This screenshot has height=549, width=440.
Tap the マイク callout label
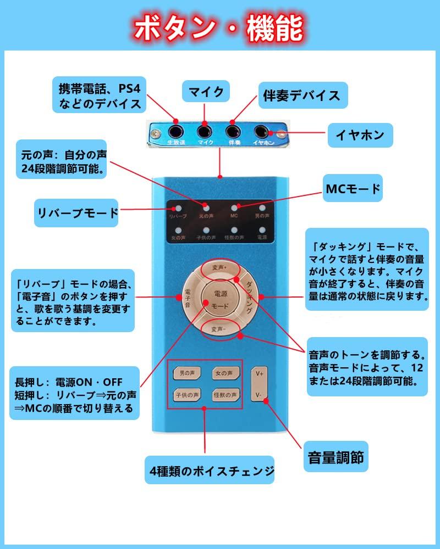click(206, 92)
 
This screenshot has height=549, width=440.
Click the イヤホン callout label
click(364, 133)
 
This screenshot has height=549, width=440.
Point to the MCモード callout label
click(353, 189)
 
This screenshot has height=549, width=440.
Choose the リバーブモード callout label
click(77, 212)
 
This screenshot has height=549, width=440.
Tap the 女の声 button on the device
click(226, 373)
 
